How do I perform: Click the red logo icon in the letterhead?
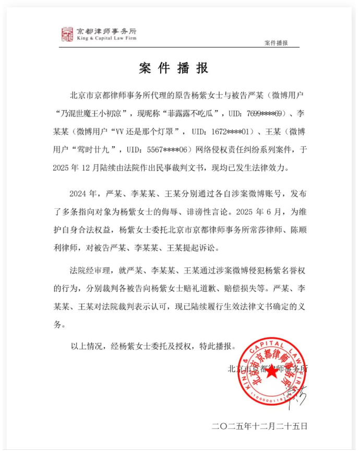click(x=67, y=34)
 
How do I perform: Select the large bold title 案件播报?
click(x=174, y=68)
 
